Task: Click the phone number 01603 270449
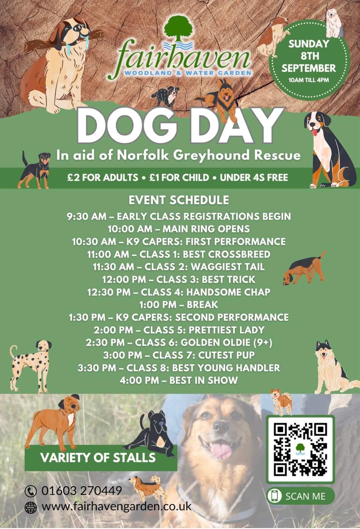point(82,490)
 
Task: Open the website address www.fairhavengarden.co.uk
point(117,506)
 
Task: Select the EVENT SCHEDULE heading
point(179,200)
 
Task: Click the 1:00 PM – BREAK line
point(179,305)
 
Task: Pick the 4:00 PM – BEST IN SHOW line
point(179,380)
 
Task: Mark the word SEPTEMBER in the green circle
point(309,68)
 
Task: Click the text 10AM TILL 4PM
point(309,80)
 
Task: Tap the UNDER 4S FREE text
point(254,178)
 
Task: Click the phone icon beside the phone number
point(31,491)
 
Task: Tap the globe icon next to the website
point(31,507)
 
